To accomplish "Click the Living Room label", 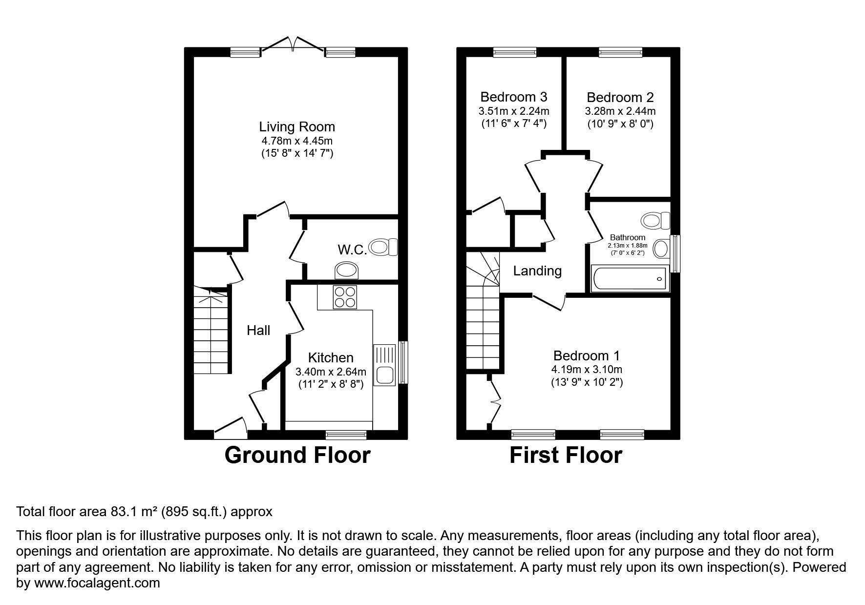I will click(x=297, y=127).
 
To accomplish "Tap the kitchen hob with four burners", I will click(x=344, y=297).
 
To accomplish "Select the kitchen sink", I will click(x=384, y=365).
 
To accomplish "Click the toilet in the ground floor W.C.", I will click(x=384, y=247).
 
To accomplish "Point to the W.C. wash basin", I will click(x=347, y=270).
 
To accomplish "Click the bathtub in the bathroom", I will click(x=629, y=279).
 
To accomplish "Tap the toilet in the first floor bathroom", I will click(x=656, y=220).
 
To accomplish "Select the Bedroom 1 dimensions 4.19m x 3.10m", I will click(x=587, y=370).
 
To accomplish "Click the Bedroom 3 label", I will click(x=513, y=97).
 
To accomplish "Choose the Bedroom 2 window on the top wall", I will click(x=620, y=52).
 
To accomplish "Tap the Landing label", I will click(x=537, y=271).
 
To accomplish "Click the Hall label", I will click(x=258, y=331).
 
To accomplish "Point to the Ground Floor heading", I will click(x=297, y=455).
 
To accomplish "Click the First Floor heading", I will click(x=566, y=455).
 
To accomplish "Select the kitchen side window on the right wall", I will click(x=403, y=362).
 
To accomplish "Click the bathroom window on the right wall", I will click(x=675, y=253).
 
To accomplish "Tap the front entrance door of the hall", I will click(x=230, y=425).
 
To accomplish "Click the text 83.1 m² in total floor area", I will click(x=133, y=512).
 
